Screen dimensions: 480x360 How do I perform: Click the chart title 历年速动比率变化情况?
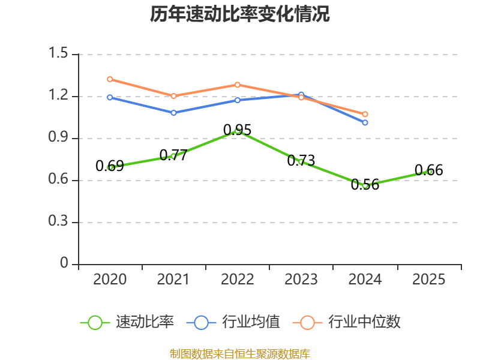(x=239, y=14)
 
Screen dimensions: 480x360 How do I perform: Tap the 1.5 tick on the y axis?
(x=58, y=53)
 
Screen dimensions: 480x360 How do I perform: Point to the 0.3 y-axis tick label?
(x=58, y=221)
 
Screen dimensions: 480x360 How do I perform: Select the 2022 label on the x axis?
(x=237, y=279)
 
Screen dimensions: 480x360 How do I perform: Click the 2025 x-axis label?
(x=428, y=279)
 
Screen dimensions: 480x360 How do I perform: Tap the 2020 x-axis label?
(x=110, y=279)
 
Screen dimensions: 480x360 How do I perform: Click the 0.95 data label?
(x=237, y=130)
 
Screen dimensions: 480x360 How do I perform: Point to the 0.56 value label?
(x=365, y=185)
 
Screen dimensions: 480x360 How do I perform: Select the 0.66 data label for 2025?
(x=428, y=170)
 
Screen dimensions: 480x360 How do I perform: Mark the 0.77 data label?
(x=173, y=155)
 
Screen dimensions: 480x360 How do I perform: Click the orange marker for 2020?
(x=110, y=79)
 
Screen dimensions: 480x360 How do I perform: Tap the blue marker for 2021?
(x=173, y=113)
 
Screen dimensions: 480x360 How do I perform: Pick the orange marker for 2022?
(x=238, y=85)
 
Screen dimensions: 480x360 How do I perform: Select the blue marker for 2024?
(x=365, y=122)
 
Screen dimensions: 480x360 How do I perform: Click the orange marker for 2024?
(x=365, y=114)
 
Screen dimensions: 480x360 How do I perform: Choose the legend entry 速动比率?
(x=127, y=322)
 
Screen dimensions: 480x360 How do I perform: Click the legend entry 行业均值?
(x=233, y=322)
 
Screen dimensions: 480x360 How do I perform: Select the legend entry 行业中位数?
(x=347, y=322)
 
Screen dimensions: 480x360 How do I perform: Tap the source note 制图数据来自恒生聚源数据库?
(x=240, y=354)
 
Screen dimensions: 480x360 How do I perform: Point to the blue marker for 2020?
(x=110, y=97)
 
